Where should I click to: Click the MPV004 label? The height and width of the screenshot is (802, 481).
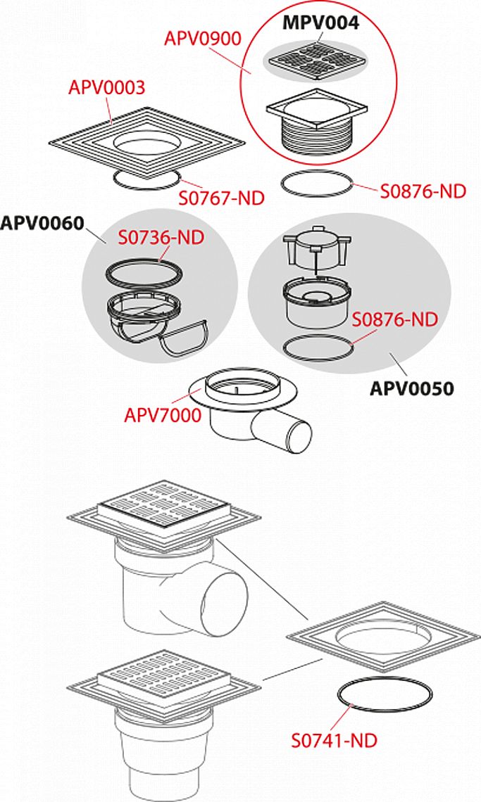tap(320, 23)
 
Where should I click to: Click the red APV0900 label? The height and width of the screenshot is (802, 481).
tap(202, 38)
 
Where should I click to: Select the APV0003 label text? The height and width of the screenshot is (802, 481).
tap(107, 88)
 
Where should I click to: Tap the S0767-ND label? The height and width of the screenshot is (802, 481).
tap(221, 198)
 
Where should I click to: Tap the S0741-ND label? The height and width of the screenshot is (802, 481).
tap(334, 740)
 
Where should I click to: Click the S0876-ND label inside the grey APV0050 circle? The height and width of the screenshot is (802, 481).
tap(395, 319)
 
